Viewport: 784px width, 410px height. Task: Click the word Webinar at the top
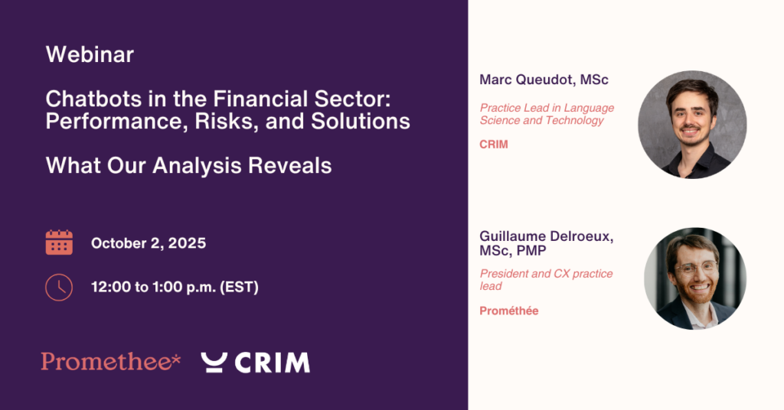[90, 54]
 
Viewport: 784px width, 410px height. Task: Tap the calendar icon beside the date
[59, 242]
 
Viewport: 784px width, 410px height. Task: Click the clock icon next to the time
[59, 287]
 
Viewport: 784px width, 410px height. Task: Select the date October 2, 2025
[149, 243]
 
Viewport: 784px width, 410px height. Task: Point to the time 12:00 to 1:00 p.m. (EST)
[175, 287]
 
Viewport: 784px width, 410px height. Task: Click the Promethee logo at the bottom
[110, 362]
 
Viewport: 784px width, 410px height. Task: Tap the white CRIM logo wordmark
[272, 363]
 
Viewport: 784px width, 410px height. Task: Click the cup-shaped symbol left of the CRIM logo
[214, 363]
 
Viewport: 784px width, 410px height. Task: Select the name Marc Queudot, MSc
[544, 80]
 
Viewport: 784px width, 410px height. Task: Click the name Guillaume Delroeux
[546, 236]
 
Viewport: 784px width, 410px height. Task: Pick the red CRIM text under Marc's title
[494, 145]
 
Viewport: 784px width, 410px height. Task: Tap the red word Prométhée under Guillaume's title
[509, 311]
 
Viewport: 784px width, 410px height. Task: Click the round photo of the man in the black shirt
[692, 125]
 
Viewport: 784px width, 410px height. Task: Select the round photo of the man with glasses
[695, 278]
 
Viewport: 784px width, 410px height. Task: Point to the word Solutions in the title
[361, 122]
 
